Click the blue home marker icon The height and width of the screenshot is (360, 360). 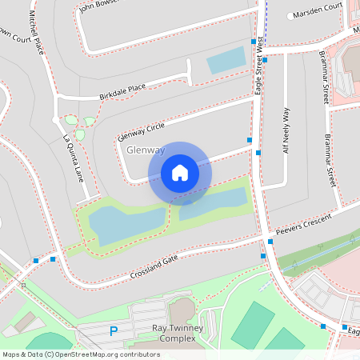[x=180, y=172]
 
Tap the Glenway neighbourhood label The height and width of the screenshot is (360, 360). [x=146, y=150]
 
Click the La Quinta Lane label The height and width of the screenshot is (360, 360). [x=74, y=158]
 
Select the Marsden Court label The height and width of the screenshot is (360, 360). [x=318, y=15]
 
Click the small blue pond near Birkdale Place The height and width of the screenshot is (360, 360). [x=226, y=59]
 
